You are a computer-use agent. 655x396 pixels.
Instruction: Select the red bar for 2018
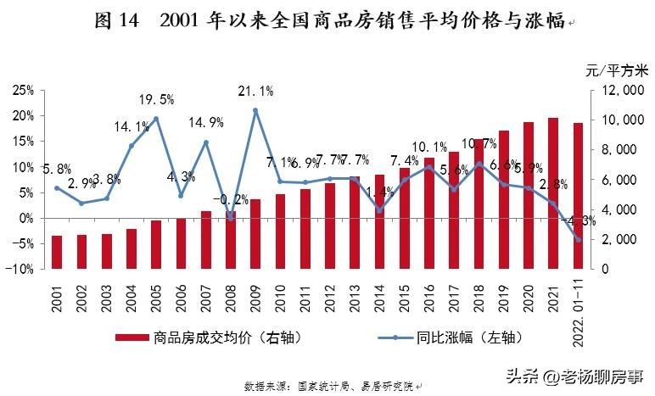click(x=479, y=204)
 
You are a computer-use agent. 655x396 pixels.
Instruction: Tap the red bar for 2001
click(x=57, y=252)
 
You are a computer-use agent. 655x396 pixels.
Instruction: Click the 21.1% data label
click(x=255, y=92)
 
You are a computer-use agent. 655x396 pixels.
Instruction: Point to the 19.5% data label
click(x=157, y=100)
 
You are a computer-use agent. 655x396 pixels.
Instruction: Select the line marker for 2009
click(x=255, y=110)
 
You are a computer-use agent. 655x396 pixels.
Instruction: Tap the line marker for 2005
click(x=156, y=119)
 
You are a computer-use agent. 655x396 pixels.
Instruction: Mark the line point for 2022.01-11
click(x=578, y=240)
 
